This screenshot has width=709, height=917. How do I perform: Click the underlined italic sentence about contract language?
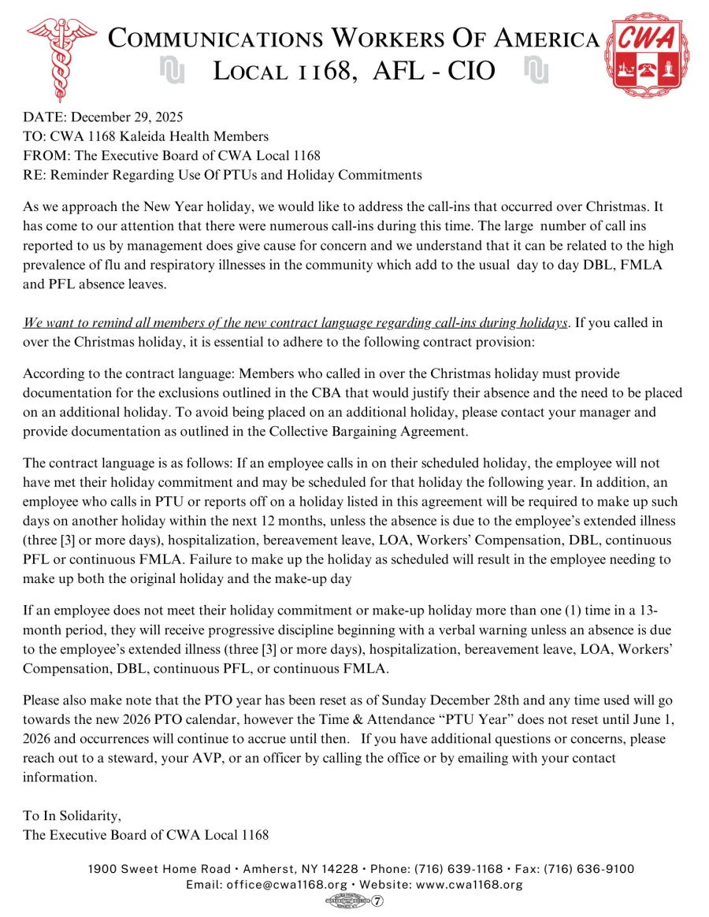[x=295, y=323]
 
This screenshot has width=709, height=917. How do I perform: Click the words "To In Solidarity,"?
[x=72, y=815]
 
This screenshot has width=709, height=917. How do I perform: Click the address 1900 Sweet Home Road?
[x=159, y=869]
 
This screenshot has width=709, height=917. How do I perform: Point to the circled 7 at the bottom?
[x=377, y=901]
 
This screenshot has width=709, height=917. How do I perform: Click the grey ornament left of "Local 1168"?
[x=172, y=71]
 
